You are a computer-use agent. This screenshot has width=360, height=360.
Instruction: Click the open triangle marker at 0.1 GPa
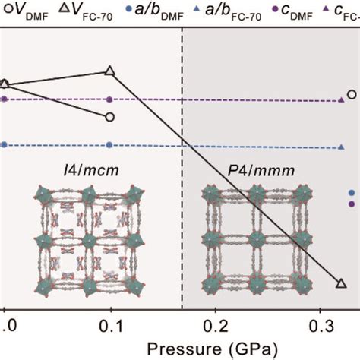coord(111,71)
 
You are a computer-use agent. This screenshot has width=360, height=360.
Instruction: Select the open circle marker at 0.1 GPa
coord(111,117)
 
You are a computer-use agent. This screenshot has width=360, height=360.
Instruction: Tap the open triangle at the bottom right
coord(340,283)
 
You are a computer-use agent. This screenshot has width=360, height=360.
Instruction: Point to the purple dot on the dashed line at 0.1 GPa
coord(111,99)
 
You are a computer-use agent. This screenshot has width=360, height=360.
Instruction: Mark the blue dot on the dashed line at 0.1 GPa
coord(111,144)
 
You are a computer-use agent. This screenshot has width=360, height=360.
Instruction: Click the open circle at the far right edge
coord(352,95)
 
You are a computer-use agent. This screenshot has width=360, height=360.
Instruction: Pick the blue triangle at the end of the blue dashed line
coord(341,150)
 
